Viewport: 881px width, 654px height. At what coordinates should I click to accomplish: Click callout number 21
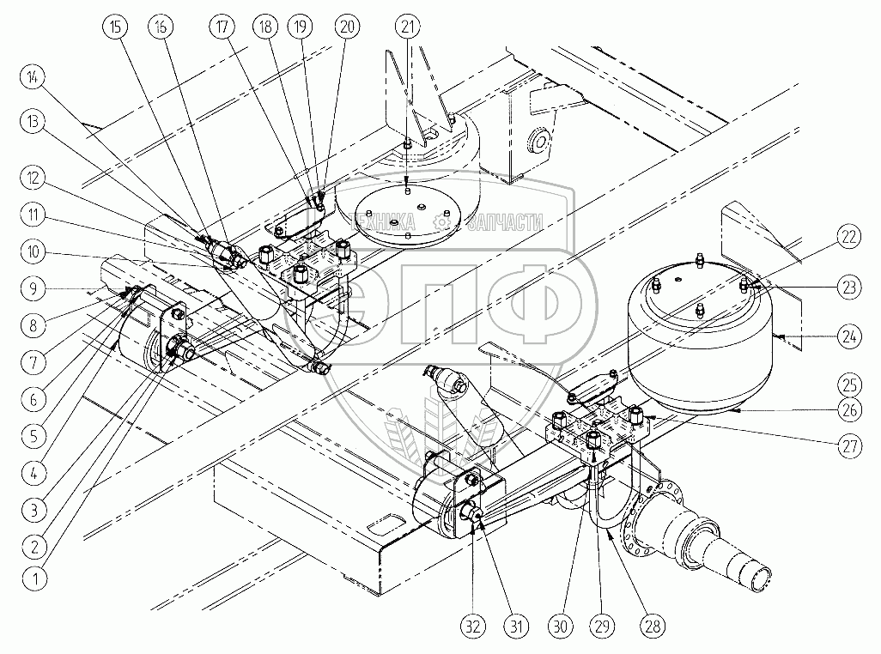(x=408, y=27)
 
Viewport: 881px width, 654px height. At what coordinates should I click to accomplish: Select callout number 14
(x=34, y=77)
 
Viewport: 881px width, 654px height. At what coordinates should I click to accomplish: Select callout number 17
(x=224, y=27)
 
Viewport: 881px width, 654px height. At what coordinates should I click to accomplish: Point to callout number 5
(x=34, y=436)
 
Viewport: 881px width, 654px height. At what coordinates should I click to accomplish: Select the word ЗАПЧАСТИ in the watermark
(x=504, y=221)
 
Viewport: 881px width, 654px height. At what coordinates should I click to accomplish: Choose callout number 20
(x=347, y=27)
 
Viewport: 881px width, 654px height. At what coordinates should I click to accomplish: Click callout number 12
(x=34, y=178)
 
